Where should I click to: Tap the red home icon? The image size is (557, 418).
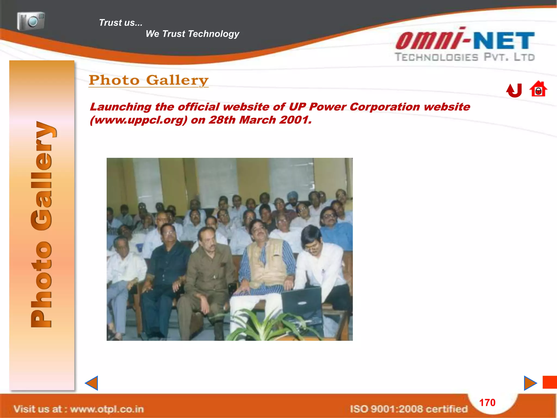coord(538,89)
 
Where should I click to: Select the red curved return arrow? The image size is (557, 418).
coord(514,90)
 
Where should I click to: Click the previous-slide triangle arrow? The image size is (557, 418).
coord(92,383)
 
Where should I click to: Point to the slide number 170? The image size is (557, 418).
coord(487,402)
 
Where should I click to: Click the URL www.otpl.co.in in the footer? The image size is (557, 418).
coord(107,409)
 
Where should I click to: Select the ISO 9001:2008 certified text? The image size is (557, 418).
coord(409,409)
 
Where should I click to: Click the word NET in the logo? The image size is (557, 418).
coord(504,41)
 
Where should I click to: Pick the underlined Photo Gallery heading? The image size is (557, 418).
coord(148,80)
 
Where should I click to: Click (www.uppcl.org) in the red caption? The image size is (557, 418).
coord(138,120)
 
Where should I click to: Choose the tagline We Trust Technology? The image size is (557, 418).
coord(192,34)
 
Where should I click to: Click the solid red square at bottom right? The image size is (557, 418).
coord(550,382)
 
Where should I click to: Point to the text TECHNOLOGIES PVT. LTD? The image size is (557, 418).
coord(465,57)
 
